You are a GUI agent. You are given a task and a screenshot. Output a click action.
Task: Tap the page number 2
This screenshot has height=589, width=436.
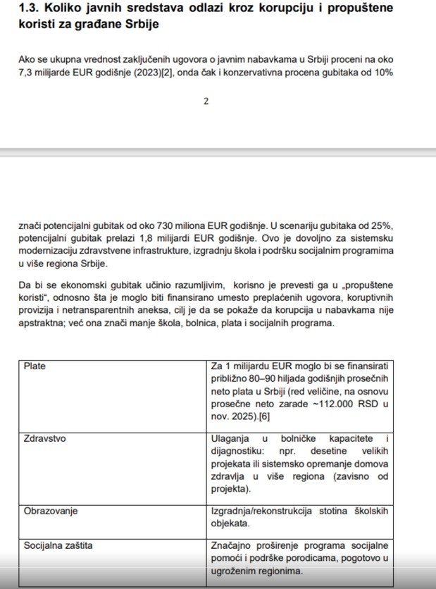206,101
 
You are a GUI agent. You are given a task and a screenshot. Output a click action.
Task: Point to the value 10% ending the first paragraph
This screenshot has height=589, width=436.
381,73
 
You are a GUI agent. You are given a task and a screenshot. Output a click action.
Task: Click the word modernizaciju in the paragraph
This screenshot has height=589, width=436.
51,251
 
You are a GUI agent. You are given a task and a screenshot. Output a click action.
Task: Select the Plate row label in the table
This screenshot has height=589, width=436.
35,366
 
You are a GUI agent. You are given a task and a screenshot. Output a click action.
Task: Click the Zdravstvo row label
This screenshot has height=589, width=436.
45,438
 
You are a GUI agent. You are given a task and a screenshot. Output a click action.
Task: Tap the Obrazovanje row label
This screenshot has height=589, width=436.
51,510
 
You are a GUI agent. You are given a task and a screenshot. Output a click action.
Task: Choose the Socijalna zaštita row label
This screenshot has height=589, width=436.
58,545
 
